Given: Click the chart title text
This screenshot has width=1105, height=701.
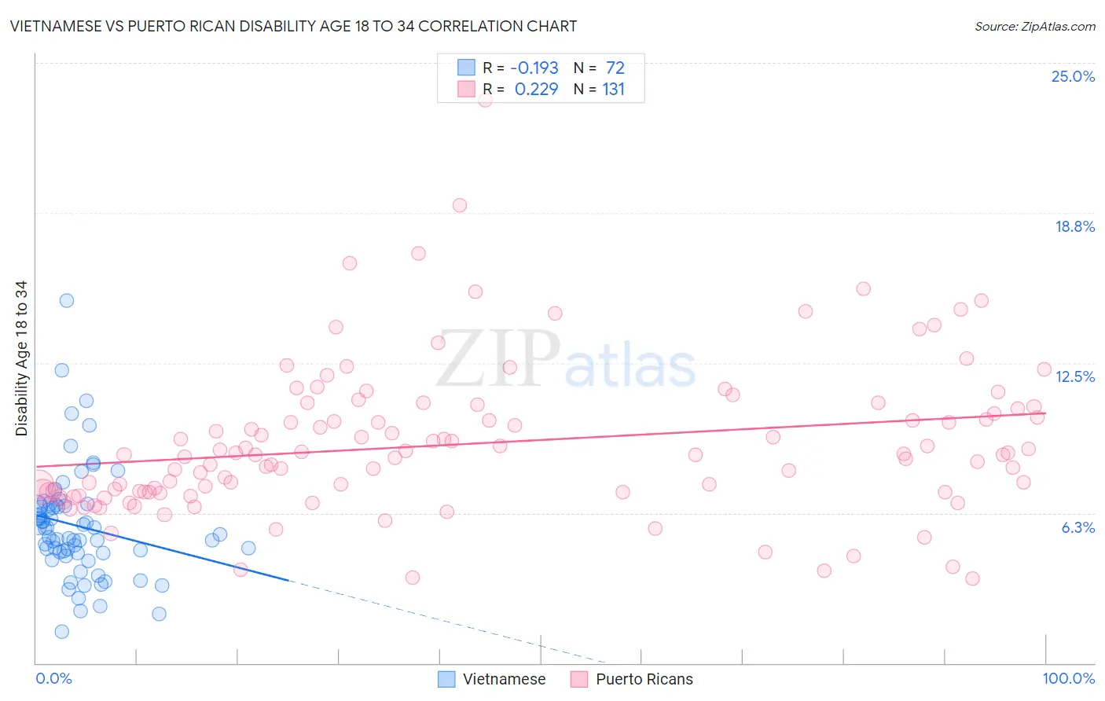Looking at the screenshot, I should click(293, 27).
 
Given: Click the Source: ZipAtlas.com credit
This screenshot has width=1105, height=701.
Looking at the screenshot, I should click(1034, 27).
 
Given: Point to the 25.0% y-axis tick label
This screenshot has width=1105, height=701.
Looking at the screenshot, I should click(1073, 76).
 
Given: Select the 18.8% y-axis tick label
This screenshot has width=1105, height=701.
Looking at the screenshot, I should click(1074, 226).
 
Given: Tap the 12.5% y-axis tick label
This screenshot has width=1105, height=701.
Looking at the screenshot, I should click(1074, 376).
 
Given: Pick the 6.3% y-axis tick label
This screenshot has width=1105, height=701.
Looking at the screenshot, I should click(1077, 527).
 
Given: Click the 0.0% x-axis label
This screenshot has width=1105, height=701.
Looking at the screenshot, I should click(53, 678).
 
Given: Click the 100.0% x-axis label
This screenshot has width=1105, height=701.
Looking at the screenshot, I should click(1068, 678).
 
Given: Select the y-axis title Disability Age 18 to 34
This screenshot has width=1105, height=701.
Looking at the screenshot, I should click(21, 358).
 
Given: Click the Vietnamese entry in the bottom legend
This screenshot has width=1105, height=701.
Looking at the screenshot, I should click(504, 679).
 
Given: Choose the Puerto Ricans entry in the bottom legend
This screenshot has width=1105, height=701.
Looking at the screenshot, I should click(644, 679).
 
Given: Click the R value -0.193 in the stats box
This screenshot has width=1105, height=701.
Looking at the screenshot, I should click(534, 68).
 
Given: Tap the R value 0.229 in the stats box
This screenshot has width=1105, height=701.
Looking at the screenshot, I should click(536, 90).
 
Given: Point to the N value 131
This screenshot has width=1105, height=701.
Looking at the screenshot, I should click(614, 90).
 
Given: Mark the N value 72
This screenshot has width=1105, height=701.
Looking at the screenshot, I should click(615, 68).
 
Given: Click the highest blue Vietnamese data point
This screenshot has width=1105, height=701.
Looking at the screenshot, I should click(67, 300).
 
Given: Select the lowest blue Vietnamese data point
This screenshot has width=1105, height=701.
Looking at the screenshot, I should click(61, 632).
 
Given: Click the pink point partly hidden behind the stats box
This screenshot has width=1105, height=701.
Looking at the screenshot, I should click(485, 100).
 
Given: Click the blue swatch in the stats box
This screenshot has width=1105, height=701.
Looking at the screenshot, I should click(467, 68).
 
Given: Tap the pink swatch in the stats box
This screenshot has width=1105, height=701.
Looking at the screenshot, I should click(467, 89).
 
